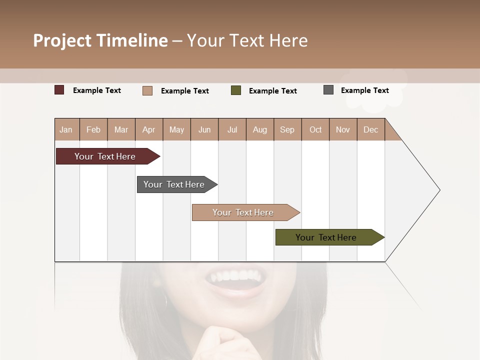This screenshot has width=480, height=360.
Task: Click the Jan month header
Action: click(66, 129)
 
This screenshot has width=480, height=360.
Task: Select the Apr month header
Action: click(149, 129)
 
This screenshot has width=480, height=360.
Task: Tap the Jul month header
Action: click(232, 129)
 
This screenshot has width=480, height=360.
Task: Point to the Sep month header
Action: click(287, 129)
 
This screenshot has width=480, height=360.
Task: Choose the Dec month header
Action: click(370, 129)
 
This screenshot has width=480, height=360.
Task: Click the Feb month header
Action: click(93, 129)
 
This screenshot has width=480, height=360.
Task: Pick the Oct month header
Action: click(315, 129)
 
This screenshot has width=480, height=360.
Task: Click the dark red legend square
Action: click(59, 90)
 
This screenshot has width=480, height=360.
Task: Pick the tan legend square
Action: click(147, 90)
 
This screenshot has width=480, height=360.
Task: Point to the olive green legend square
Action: click(236, 90)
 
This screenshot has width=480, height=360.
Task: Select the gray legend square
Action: click(328, 90)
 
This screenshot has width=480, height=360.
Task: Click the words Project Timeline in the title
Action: click(100, 40)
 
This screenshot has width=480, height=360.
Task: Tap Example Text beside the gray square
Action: click(364, 90)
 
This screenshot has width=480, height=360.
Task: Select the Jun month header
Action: click(204, 129)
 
